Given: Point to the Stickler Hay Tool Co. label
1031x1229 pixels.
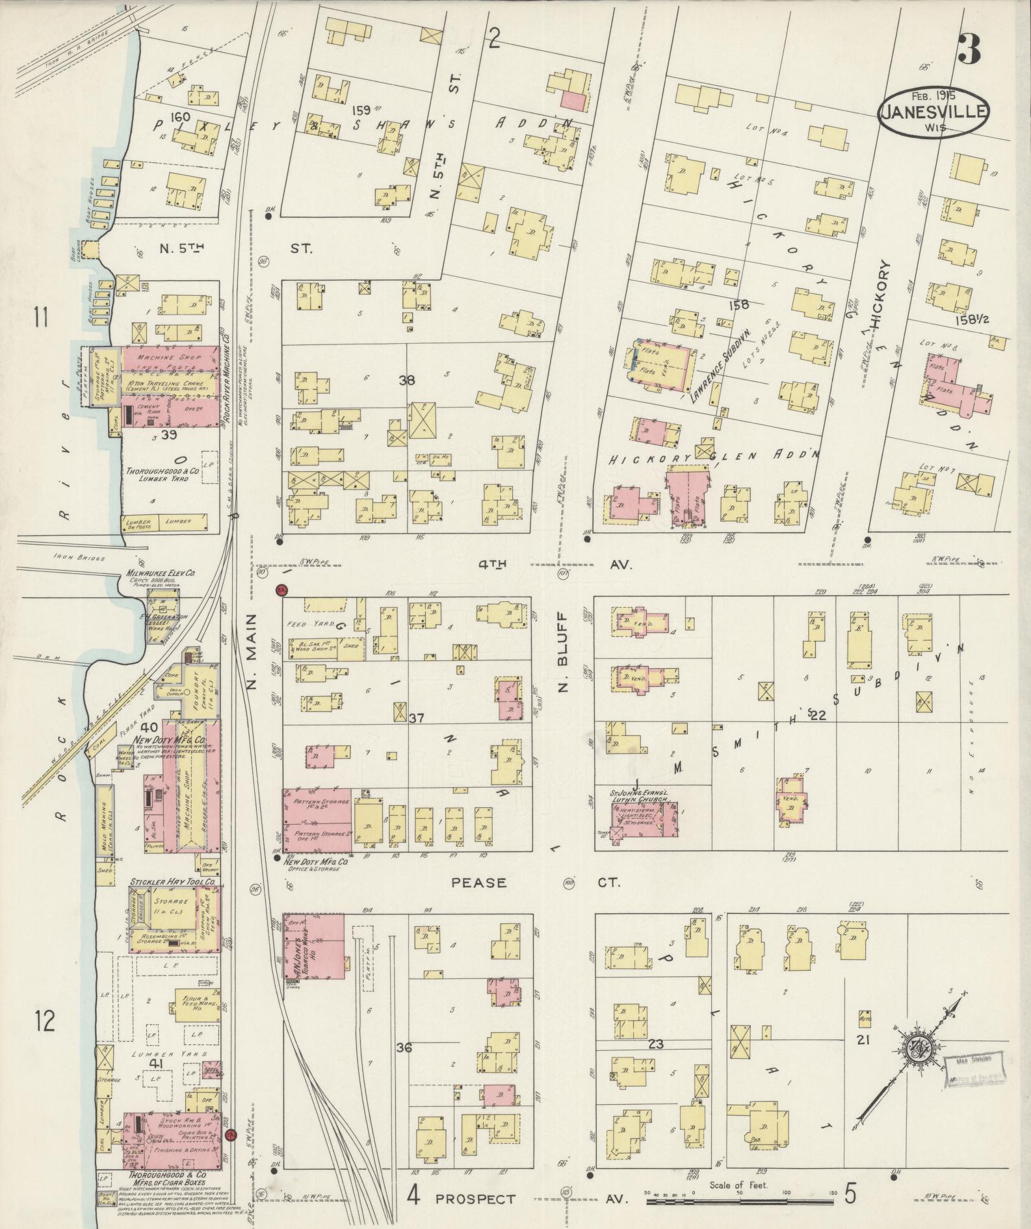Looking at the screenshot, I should point(173,882).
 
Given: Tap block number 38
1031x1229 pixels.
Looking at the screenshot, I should point(407,380).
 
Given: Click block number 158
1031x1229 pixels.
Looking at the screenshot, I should point(739,304).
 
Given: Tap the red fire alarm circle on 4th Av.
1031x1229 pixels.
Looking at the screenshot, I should point(281,590).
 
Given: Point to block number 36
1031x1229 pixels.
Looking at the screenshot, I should point(404,1048).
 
